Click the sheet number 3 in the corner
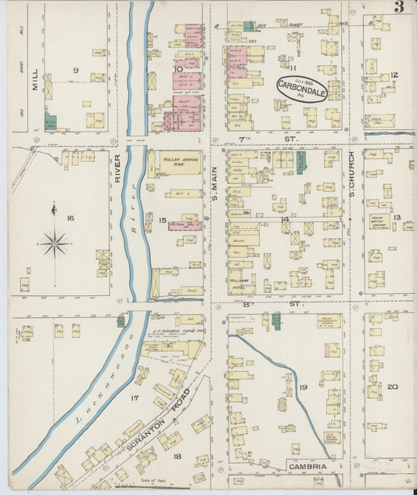click(399, 8)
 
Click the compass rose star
click(55, 244)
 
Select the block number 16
click(70, 218)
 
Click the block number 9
click(76, 70)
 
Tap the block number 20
click(392, 386)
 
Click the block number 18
click(177, 457)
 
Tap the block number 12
click(395, 75)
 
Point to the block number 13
click(397, 218)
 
